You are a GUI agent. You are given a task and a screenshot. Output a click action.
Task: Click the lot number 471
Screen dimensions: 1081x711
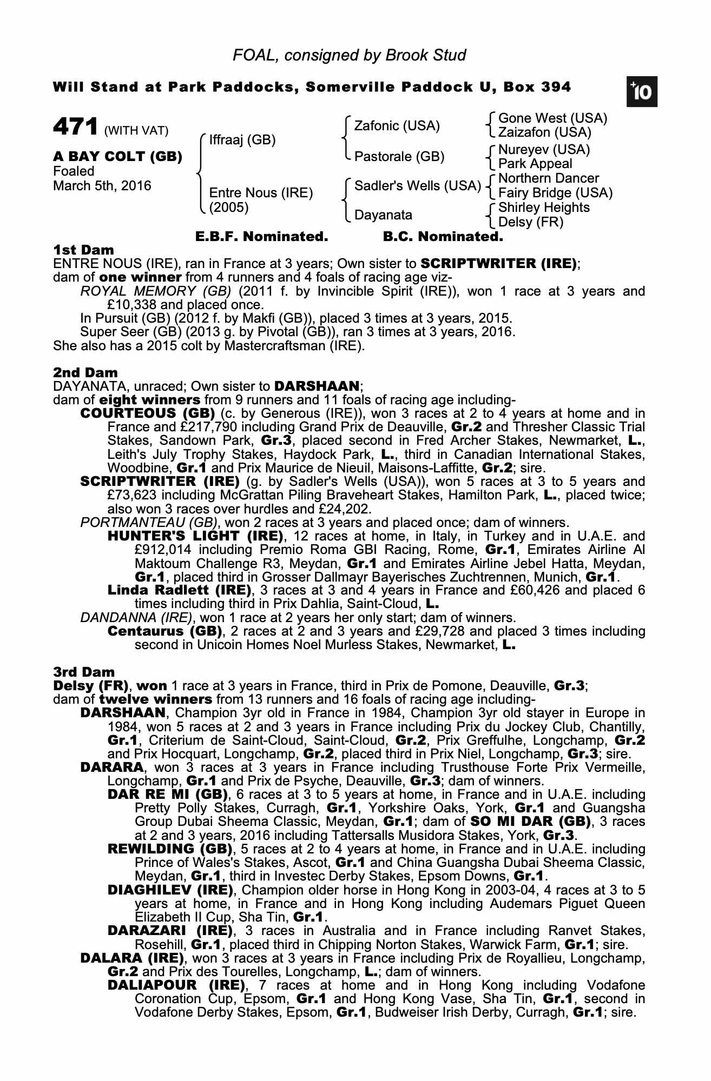pos(75,128)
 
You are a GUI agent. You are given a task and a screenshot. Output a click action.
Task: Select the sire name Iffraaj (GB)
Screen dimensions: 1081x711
pos(242,141)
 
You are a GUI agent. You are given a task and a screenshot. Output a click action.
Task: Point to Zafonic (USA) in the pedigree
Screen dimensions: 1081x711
pos(397,126)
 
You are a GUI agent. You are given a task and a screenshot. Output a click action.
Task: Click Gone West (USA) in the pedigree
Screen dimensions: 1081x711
pos(552,118)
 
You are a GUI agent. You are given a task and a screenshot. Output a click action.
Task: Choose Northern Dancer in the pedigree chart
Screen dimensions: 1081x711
pos(548,178)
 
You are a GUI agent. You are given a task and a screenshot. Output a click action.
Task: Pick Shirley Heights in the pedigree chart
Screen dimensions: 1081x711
pos(544,208)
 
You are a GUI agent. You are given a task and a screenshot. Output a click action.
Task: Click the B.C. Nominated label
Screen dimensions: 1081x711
pos(443,237)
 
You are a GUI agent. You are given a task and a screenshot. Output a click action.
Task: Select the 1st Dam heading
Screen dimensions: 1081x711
pos(84,250)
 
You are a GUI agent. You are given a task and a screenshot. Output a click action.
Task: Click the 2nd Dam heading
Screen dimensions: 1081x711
pos(85,372)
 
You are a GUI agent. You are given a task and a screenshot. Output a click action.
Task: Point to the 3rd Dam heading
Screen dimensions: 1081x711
pos(84,672)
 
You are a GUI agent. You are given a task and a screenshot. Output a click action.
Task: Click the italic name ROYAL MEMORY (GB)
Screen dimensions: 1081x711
pos(156,291)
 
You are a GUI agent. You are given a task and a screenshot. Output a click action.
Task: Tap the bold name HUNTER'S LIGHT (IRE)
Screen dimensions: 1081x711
pos(196,536)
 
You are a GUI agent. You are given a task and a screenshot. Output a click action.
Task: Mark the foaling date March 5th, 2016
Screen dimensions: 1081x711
pos(102,186)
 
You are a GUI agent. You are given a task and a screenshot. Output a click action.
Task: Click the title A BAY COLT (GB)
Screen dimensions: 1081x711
pos(117,157)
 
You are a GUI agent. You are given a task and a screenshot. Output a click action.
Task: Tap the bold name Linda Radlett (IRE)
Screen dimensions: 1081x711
pos(180,590)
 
